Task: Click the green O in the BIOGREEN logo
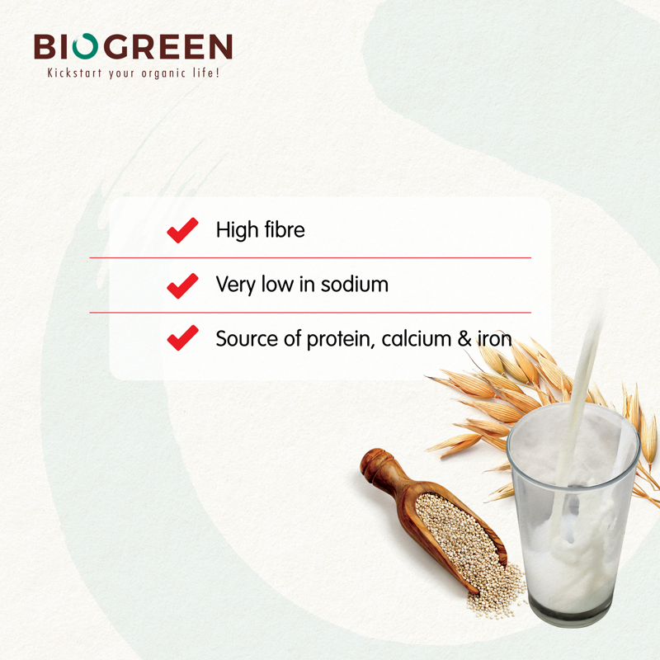[86, 45]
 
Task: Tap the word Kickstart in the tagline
[74, 73]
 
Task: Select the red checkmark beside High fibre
[182, 230]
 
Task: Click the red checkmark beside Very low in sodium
[182, 285]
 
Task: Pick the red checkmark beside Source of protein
[182, 337]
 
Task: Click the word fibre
[284, 230]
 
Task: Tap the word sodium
[355, 284]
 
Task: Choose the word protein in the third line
[341, 339]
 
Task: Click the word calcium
[417, 339]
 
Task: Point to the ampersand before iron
[464, 339]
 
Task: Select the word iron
[494, 339]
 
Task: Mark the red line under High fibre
[310, 257]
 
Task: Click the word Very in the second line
[235, 285]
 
